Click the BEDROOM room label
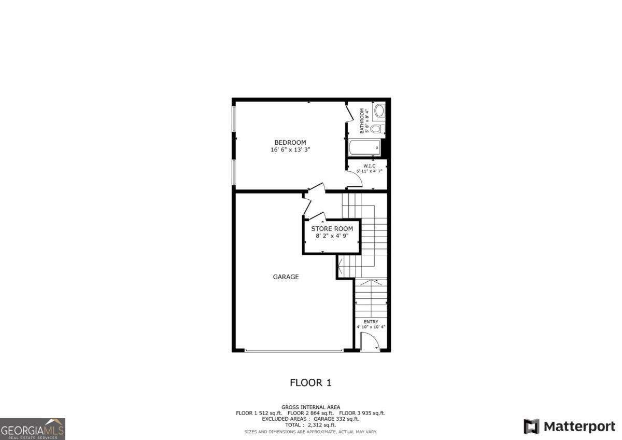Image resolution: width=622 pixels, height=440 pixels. [x=290, y=143]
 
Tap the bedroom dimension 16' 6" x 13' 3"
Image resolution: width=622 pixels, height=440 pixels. [x=290, y=150]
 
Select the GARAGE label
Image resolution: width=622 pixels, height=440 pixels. [x=286, y=277]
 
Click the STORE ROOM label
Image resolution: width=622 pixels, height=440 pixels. [x=332, y=229]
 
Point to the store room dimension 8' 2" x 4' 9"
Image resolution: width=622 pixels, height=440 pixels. [x=332, y=236]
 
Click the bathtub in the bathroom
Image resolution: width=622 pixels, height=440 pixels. [x=365, y=148]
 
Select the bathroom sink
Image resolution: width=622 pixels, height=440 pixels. [x=379, y=111]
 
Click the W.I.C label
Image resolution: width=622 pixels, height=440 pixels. [x=369, y=166]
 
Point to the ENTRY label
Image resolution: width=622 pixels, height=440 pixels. [x=371, y=322]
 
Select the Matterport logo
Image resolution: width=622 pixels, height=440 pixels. [x=569, y=427]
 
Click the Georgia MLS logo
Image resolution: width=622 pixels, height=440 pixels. [x=33, y=429]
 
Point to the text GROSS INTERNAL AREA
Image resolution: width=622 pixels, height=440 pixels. [x=310, y=407]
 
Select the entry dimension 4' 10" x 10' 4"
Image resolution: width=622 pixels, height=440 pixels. [x=371, y=327]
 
